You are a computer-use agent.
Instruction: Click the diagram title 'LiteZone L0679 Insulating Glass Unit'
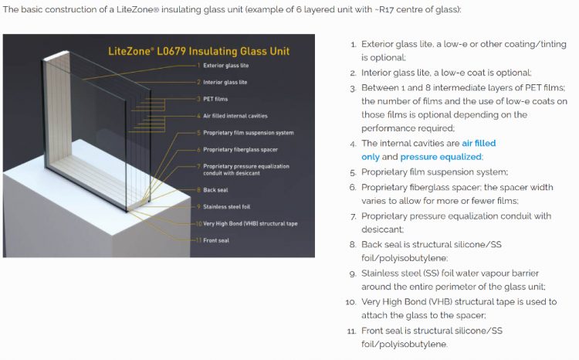click(x=198, y=52)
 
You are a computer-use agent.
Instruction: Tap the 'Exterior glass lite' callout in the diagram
click(x=225, y=66)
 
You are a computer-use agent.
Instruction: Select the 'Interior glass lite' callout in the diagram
click(x=225, y=82)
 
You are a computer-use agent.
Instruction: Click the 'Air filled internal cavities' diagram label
click(x=235, y=116)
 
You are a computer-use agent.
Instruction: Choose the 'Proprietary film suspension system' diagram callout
click(x=248, y=133)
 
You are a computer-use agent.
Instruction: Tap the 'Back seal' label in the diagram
click(x=216, y=189)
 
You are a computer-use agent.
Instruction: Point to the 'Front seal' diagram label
click(x=216, y=240)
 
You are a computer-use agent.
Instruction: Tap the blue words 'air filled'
click(x=479, y=143)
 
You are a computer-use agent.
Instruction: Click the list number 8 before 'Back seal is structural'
click(x=352, y=245)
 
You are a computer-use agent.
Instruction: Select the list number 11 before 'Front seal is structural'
click(x=350, y=331)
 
